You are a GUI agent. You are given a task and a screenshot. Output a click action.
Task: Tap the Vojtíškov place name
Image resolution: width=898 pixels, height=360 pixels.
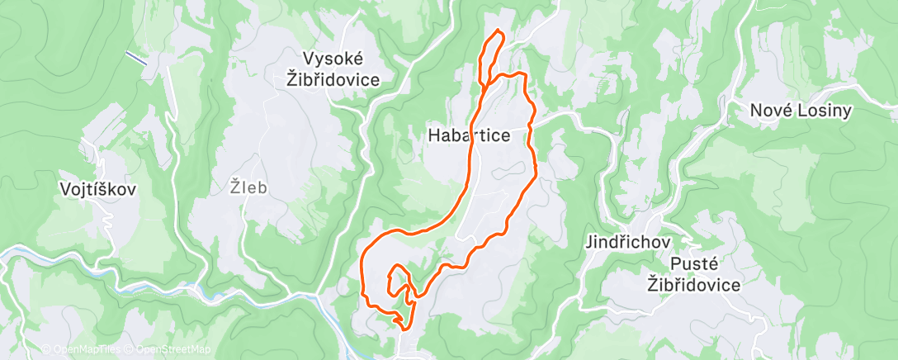[x=98, y=188]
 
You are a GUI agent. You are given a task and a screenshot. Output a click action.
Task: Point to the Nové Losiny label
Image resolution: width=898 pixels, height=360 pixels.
[x=800, y=110]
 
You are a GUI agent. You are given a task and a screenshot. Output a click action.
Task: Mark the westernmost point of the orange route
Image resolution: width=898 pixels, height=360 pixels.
[x=362, y=272]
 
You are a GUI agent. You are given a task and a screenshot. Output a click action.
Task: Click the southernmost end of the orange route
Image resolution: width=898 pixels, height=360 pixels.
[x=404, y=328]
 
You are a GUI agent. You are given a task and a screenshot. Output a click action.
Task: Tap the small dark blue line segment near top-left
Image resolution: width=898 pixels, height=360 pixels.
[x=137, y=59]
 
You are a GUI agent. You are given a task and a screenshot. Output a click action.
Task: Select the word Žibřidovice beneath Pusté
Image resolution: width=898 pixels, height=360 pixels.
[x=694, y=285]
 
